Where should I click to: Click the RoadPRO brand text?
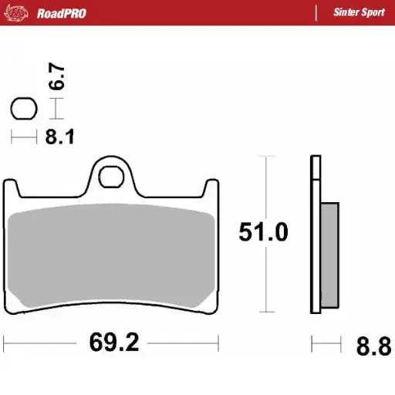click(x=62, y=13)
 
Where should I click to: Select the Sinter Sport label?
click(x=359, y=13)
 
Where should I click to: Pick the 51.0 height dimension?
click(x=263, y=232)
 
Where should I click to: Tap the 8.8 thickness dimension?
click(x=373, y=344)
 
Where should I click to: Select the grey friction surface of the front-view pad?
click(x=112, y=255)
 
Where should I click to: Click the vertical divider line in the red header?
click(x=316, y=13)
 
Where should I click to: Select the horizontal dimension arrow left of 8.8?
click(x=326, y=340)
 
